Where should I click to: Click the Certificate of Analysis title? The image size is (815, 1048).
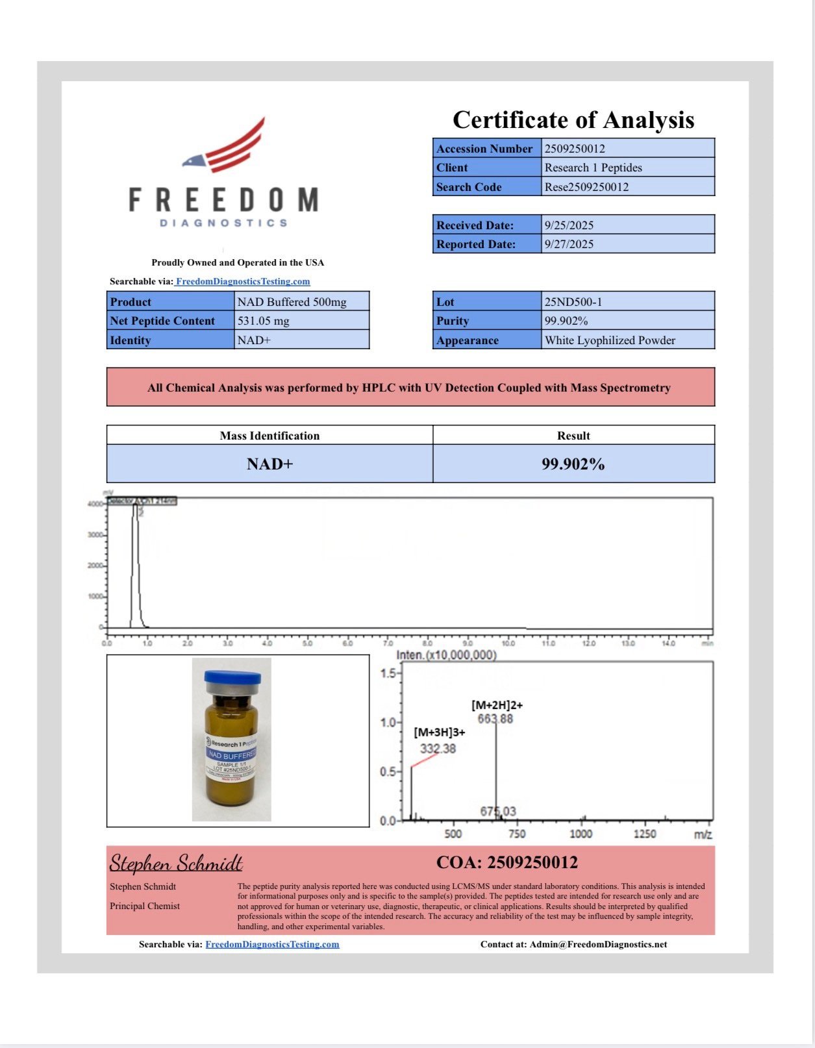[573, 120]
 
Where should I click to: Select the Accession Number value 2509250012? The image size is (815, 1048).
[575, 149]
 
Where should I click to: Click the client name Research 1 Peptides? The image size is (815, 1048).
[593, 168]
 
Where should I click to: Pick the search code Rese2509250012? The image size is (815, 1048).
[586, 187]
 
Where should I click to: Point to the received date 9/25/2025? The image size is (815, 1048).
[569, 225]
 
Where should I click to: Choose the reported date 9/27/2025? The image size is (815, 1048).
[569, 244]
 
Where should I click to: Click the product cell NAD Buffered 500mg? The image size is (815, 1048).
[292, 302]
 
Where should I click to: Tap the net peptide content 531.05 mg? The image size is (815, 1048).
[263, 321]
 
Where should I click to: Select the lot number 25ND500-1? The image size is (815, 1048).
[573, 302]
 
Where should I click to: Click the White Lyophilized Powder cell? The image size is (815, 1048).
[610, 340]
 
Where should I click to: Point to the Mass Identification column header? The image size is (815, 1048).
[270, 436]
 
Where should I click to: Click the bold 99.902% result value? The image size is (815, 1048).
[573, 464]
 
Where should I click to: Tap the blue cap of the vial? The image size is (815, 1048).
[232, 678]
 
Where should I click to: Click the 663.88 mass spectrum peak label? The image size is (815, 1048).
[495, 719]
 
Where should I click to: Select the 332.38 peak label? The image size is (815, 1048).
[438, 749]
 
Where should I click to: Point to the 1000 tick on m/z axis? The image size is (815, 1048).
[581, 834]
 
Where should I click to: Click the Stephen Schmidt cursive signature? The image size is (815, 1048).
[176, 863]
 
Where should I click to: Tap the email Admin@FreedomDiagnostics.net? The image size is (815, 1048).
[597, 944]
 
